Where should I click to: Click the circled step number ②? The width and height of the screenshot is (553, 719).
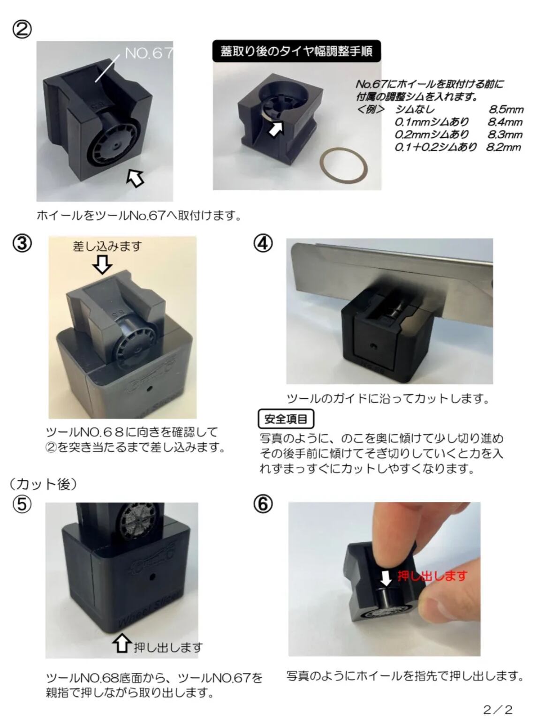click(x=22, y=30)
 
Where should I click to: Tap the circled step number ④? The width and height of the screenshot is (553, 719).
click(x=263, y=244)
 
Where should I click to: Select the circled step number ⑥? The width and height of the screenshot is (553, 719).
click(x=263, y=505)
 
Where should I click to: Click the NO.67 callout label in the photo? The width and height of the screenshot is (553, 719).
click(x=149, y=52)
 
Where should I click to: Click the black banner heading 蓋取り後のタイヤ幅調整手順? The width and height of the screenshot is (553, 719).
click(x=296, y=51)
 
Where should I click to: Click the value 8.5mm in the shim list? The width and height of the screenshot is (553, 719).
click(x=506, y=109)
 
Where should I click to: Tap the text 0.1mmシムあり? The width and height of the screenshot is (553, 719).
click(x=431, y=122)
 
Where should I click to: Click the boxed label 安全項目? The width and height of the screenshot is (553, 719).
click(x=286, y=419)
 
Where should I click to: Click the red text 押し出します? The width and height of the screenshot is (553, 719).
click(x=432, y=576)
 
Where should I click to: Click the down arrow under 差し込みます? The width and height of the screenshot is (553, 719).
click(x=102, y=264)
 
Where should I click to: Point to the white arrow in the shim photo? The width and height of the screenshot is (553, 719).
click(x=276, y=128)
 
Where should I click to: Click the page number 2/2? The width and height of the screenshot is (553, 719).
click(x=498, y=710)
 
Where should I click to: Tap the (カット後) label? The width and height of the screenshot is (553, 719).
click(x=43, y=484)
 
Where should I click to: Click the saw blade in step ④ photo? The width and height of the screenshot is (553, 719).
click(x=391, y=268)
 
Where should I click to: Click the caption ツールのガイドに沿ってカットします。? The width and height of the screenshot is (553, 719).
click(x=388, y=398)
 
